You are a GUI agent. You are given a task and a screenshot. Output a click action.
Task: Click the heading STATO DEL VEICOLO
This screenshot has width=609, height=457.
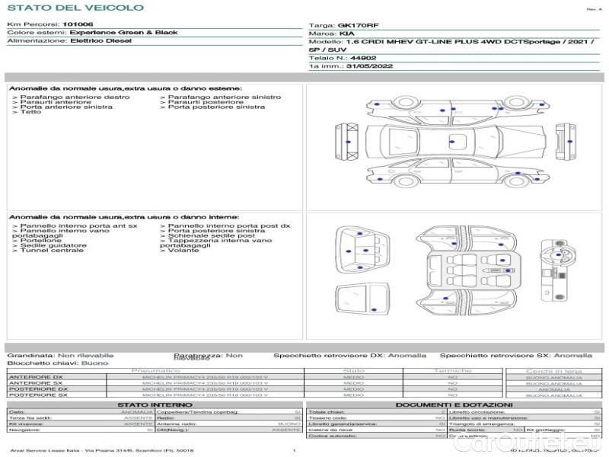pyautogui.click(x=75, y=8)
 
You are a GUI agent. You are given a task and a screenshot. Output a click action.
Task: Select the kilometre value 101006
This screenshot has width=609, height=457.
pyautogui.click(x=78, y=24)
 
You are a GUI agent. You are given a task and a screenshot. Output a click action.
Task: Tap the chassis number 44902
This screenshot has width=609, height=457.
pyautogui.click(x=363, y=58)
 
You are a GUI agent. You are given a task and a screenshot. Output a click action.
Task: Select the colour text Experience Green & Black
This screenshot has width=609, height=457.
pyautogui.click(x=123, y=33)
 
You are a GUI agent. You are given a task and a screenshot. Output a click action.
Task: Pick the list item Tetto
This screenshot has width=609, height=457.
pyautogui.click(x=30, y=113)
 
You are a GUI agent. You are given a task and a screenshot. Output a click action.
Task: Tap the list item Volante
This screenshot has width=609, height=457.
pyautogui.click(x=180, y=251)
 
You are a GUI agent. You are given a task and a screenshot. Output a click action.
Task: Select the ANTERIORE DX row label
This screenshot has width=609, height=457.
pyautogui.click(x=36, y=377)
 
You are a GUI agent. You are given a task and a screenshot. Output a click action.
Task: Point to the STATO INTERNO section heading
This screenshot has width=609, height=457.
pyautogui.click(x=155, y=404)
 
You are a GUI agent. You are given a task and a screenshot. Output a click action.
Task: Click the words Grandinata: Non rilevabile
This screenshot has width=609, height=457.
pyautogui.click(x=60, y=355)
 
